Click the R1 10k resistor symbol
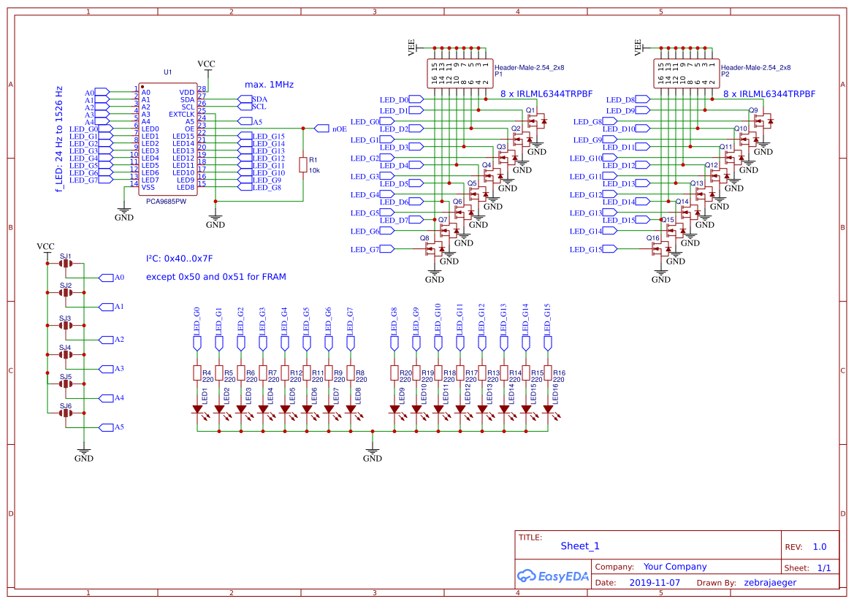302,164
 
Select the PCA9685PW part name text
166,201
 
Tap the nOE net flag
321,129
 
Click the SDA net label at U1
259,99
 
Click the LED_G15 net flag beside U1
267,137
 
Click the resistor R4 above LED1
197,373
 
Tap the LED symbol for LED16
547,410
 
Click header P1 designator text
499,74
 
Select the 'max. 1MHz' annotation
269,85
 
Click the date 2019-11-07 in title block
654,583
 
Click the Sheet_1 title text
580,546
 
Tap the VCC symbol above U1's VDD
207,65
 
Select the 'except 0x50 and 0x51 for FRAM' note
216,277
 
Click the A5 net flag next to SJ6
116,427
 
